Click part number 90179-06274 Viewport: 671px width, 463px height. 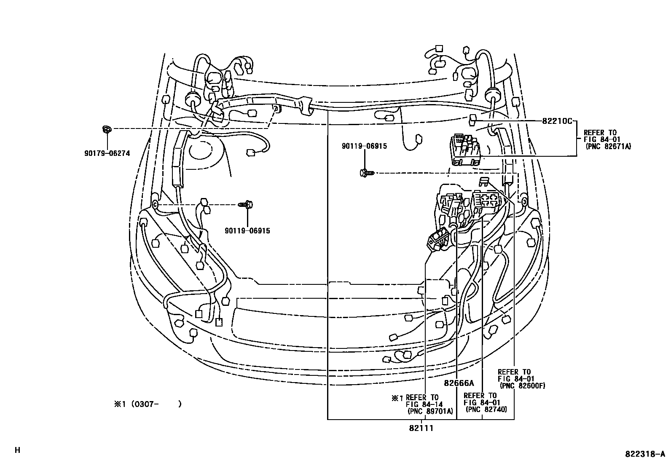click(107, 153)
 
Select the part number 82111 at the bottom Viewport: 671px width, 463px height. click(421, 428)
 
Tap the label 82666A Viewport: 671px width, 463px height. click(459, 383)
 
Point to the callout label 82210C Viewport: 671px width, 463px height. click(557, 121)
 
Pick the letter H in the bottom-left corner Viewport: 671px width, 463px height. click(17, 450)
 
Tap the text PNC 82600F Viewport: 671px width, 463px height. click(522, 385)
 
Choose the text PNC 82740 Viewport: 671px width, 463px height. click(486, 409)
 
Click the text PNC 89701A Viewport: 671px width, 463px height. click(430, 412)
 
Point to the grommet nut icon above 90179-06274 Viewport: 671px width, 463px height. click(107, 129)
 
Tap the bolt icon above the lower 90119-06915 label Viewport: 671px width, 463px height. click(247, 205)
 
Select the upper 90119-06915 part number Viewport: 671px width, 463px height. click(364, 146)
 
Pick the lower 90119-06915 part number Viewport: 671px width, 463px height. click(247, 231)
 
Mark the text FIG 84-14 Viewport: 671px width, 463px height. click(424, 404)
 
